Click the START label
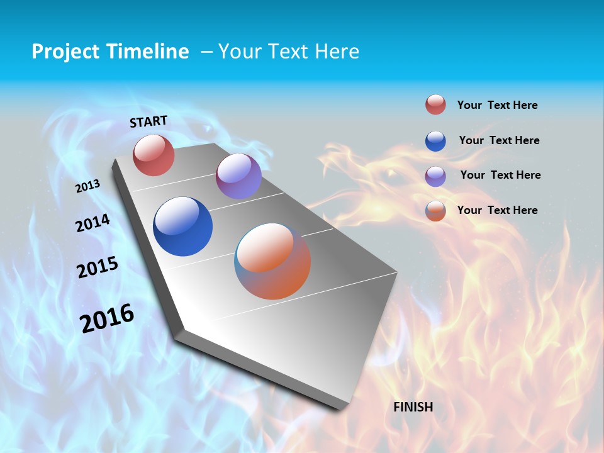148,121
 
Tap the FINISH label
413,407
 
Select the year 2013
88,186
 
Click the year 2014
92,223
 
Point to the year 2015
97,267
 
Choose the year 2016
107,318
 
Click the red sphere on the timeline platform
154,155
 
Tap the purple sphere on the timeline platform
238,176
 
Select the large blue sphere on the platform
182,226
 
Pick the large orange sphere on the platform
272,261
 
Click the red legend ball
435,104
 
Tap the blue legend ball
435,140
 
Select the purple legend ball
435,176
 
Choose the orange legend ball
435,211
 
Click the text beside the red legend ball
497,105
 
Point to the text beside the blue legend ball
499,140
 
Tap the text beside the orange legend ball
497,210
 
